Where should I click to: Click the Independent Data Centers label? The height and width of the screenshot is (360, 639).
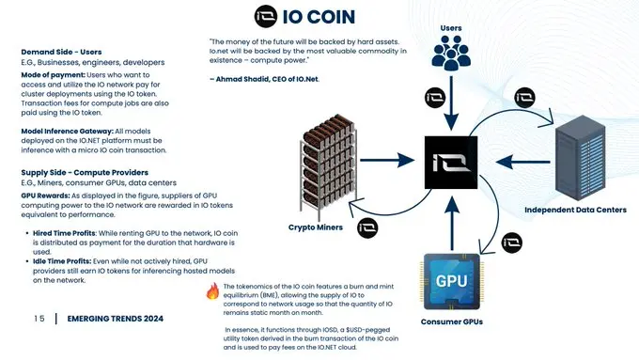575,210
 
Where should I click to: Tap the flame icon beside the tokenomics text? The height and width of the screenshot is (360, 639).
212,292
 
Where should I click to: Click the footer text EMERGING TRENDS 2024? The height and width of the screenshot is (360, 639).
116,320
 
